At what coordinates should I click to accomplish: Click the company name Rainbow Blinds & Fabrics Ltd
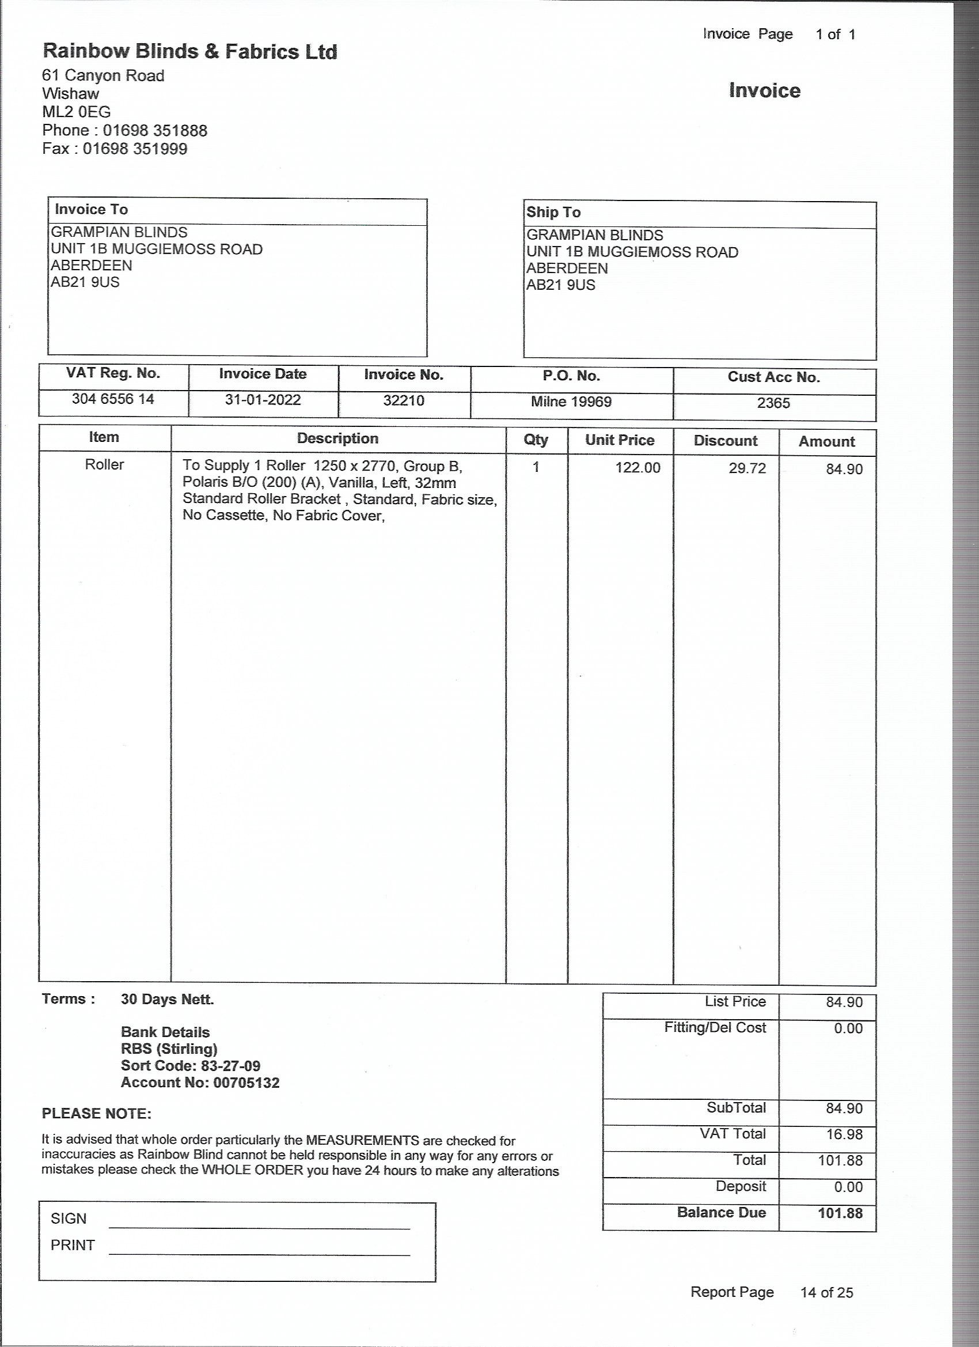[x=190, y=52]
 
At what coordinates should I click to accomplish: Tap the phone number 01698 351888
[x=155, y=131]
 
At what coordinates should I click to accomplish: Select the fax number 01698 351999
[x=135, y=149]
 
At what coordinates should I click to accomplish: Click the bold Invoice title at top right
[x=764, y=90]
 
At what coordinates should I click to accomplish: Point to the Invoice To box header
[x=92, y=209]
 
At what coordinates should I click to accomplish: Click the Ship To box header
[x=553, y=212]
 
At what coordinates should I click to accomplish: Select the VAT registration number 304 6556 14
[x=113, y=399]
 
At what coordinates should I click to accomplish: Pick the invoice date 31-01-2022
[x=263, y=400]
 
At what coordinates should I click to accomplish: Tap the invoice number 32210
[x=404, y=400]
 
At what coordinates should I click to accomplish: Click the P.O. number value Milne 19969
[x=571, y=402]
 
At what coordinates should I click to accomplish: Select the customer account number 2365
[x=773, y=403]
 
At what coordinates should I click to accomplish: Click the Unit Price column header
[x=619, y=440]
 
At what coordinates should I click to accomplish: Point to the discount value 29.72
[x=747, y=468]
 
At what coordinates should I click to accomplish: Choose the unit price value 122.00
[x=638, y=468]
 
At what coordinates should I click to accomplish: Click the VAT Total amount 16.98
[x=844, y=1134]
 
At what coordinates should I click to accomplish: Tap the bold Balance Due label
[x=722, y=1212]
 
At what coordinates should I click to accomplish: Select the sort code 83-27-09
[x=230, y=1065]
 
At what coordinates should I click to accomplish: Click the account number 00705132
[x=246, y=1082]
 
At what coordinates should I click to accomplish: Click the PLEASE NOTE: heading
[x=97, y=1114]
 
